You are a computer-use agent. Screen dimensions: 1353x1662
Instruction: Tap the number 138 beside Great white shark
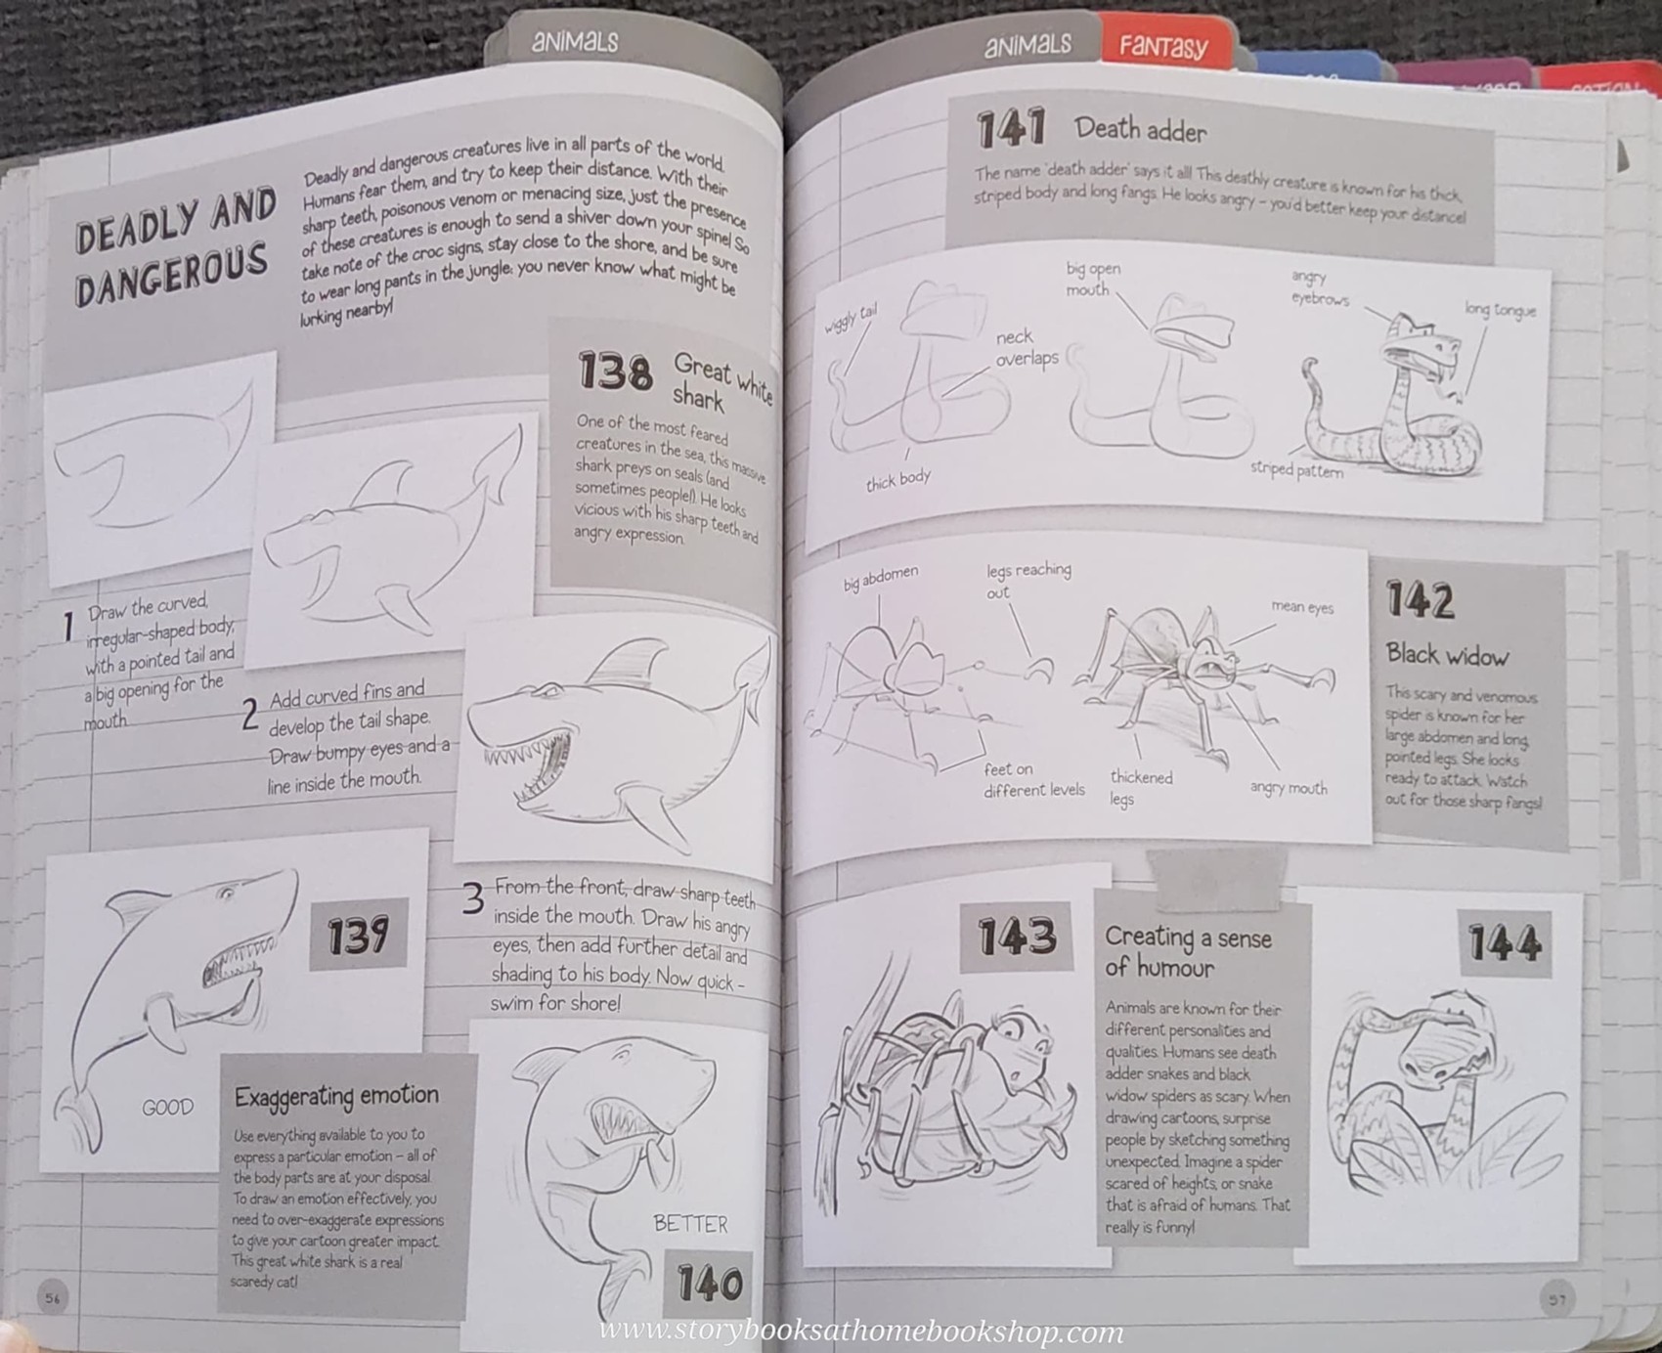[x=614, y=371]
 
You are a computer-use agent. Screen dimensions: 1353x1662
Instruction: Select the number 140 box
[x=709, y=1284]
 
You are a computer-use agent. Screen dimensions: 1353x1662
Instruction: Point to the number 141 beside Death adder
[x=1011, y=128]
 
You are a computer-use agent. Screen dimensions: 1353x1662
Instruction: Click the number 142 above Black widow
[x=1421, y=599]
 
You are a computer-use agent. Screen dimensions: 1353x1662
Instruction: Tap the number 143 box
[x=1017, y=937]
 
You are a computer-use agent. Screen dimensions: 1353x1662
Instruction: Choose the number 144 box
[x=1505, y=943]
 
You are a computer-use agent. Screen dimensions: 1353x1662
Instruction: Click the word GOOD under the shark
[x=167, y=1108]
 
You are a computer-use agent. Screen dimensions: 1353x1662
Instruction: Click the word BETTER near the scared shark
[x=690, y=1224]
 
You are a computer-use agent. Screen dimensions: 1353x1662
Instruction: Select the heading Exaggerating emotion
[x=335, y=1096]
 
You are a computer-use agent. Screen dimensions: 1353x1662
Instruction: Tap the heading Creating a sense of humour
[x=1187, y=952]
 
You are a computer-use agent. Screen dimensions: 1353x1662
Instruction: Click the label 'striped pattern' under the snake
[x=1296, y=469]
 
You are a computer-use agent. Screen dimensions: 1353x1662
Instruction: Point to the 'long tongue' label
[x=1500, y=310]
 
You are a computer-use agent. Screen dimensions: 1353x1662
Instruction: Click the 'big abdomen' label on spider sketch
[x=880, y=578]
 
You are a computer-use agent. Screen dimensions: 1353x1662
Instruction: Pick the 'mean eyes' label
[x=1302, y=607]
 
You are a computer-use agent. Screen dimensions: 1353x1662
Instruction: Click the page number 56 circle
[x=53, y=1297]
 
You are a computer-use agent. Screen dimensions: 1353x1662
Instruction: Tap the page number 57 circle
[x=1556, y=1299]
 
